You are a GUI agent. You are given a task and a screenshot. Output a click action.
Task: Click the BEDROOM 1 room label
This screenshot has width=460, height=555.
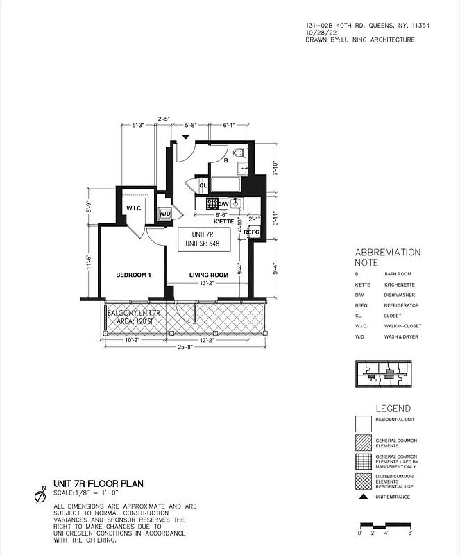(x=133, y=275)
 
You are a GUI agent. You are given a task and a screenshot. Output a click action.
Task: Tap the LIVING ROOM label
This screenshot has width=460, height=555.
(x=209, y=275)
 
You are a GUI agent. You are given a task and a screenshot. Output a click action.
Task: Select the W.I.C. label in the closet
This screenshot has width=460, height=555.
(x=133, y=209)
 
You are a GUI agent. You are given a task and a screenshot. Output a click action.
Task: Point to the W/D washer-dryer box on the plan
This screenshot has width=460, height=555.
(x=165, y=214)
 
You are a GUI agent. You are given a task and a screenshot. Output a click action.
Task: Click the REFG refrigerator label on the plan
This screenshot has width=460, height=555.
(x=252, y=232)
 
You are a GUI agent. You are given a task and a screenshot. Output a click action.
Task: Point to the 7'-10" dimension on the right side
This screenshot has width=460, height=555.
(x=276, y=169)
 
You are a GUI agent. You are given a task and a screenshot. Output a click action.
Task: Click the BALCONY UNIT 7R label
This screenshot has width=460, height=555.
(x=134, y=314)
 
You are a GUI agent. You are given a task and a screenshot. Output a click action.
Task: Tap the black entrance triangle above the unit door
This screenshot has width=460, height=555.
(x=185, y=137)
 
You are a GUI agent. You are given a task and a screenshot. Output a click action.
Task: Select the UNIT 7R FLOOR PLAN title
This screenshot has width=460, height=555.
(x=99, y=484)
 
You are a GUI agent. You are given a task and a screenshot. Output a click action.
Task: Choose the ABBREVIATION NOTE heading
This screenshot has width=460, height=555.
(x=388, y=257)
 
